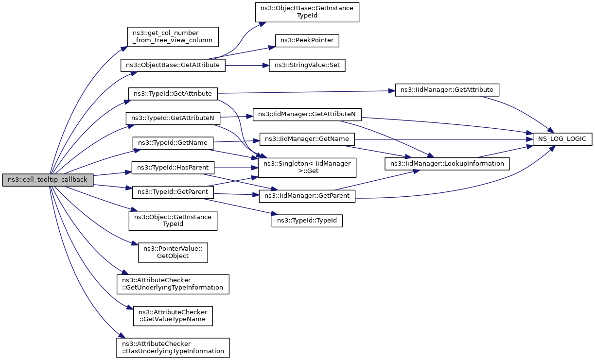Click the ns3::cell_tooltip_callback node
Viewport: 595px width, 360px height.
48,180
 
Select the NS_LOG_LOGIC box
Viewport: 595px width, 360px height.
562,139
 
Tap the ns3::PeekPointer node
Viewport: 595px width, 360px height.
307,41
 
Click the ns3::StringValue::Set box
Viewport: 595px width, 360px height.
307,65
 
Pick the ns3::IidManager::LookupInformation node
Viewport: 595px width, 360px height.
447,164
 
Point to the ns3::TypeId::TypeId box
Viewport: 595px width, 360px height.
307,221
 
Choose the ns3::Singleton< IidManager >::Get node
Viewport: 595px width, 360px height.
307,168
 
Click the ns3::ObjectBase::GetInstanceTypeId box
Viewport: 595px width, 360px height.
307,12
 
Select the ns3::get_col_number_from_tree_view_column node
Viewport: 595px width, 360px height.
173,37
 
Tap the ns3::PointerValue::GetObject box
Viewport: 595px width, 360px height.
173,253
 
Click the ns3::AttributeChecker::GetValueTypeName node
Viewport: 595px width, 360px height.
173,316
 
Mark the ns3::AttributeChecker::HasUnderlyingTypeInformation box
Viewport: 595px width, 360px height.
173,348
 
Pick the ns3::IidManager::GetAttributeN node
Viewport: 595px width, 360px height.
307,115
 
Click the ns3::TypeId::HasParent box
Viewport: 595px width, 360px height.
173,168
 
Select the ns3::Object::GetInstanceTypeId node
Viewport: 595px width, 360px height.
173,221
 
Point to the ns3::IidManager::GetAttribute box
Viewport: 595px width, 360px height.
447,90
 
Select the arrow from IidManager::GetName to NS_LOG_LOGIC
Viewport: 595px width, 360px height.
444,139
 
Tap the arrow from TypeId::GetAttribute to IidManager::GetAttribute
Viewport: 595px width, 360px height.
306,92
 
